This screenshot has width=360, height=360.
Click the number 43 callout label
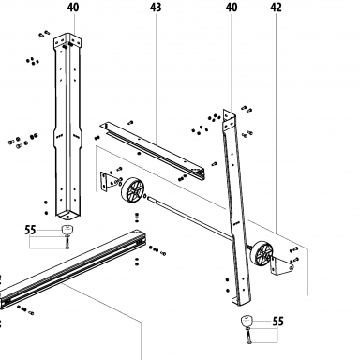(x=156, y=7)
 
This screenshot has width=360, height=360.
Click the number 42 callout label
(x=276, y=7)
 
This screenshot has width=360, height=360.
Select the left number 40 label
(x=73, y=7)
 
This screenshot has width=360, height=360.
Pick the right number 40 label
(x=232, y=7)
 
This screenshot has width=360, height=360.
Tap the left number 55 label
(x=30, y=231)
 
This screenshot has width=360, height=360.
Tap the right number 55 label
(x=277, y=322)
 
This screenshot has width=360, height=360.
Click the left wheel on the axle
(x=132, y=189)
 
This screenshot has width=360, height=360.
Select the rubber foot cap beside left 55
(x=67, y=230)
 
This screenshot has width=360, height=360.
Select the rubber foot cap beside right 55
(x=247, y=321)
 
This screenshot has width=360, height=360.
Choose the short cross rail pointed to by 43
(x=153, y=151)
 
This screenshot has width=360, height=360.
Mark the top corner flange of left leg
(x=67, y=41)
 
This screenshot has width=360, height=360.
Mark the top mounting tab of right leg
(x=229, y=120)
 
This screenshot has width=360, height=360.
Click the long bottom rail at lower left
(x=73, y=269)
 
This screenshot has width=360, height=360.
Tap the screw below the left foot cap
(x=67, y=243)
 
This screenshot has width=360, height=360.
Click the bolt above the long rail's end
(x=137, y=217)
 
